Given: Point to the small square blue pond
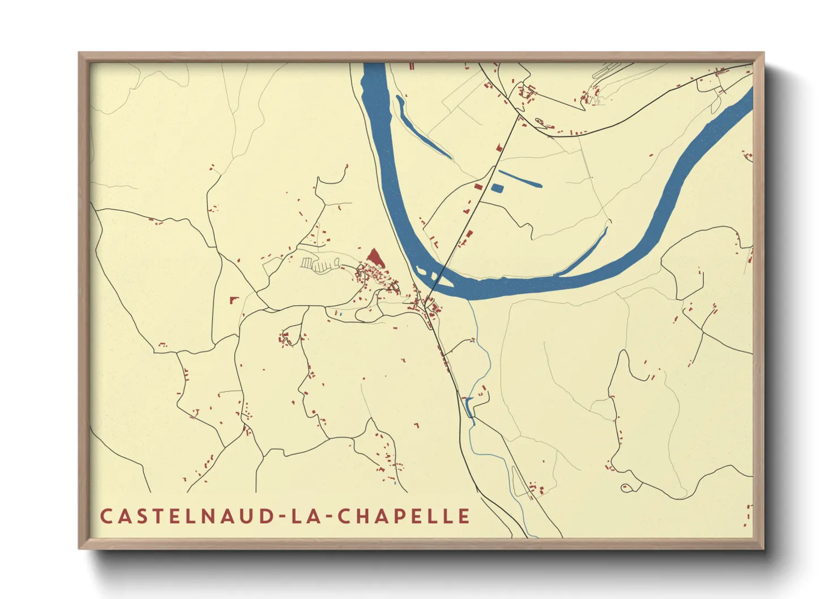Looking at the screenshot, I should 497,188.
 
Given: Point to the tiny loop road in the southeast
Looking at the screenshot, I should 626,487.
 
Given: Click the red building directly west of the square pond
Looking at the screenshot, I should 477,186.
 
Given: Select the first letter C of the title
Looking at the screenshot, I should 106,516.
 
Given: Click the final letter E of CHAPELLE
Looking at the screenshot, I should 464,516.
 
